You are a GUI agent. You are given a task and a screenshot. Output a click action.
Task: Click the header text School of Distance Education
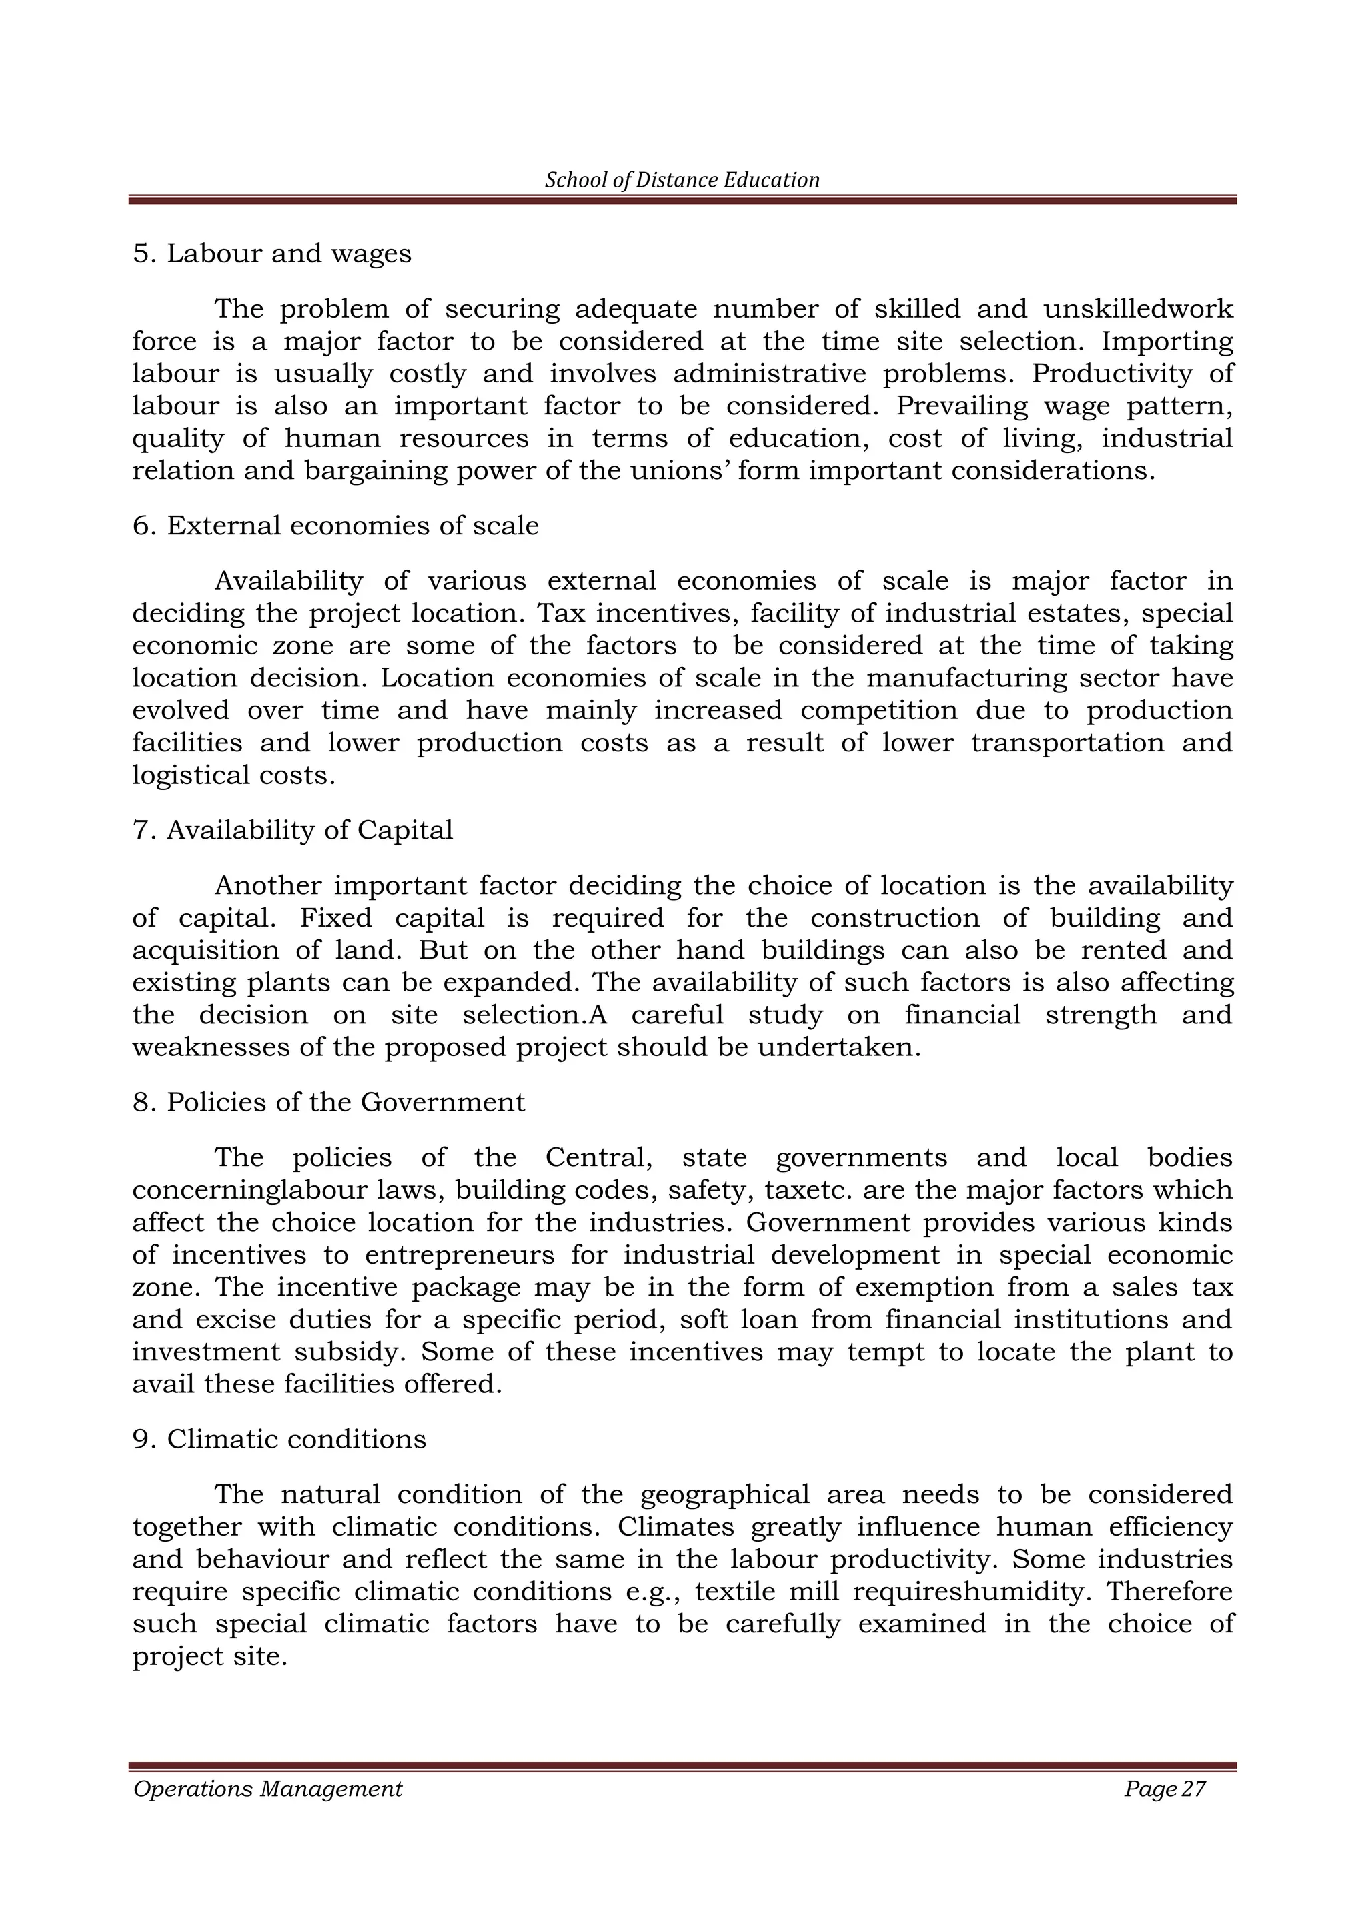[682, 180]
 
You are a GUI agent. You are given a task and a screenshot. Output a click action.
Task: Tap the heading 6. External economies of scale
[335, 525]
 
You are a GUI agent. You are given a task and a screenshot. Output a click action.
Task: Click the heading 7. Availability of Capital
[293, 830]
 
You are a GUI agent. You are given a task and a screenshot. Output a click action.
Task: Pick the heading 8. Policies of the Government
[329, 1101]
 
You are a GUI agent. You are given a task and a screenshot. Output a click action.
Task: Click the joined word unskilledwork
[1138, 309]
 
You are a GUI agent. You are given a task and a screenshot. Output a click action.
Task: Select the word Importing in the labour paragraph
[1167, 342]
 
